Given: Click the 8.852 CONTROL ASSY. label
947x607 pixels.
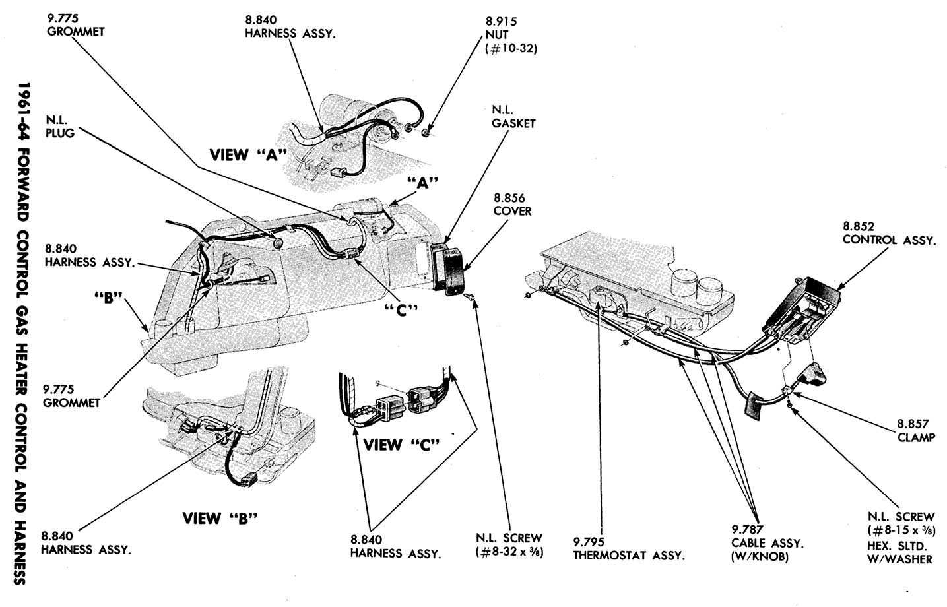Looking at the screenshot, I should tap(888, 233).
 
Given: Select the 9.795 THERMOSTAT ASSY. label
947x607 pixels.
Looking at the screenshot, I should tap(628, 548).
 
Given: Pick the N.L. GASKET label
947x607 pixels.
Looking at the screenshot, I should tap(513, 117).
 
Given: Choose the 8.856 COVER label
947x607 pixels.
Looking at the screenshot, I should tap(512, 204).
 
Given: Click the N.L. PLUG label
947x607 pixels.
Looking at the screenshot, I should tap(60, 126).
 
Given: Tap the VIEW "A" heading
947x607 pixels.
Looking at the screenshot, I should tap(247, 155).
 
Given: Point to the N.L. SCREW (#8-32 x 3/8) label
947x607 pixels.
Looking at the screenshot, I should tap(509, 545).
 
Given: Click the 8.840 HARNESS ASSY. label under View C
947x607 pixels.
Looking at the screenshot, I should tap(395, 546).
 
